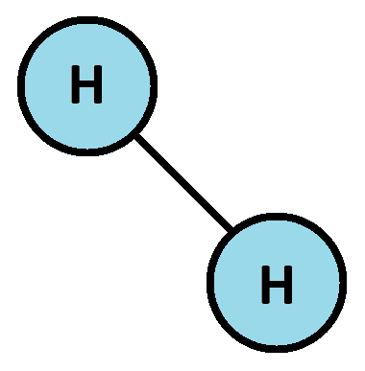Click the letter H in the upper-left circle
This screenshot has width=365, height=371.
[x=86, y=87]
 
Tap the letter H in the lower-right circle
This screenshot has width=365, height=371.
[x=276, y=285]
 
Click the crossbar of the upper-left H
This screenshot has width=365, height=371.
[x=86, y=87]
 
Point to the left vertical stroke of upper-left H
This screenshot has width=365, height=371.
[x=75, y=87]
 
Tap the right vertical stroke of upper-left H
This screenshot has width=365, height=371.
[x=97, y=87]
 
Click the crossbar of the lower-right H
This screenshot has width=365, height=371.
[x=276, y=285]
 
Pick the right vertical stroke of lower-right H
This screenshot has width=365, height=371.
[x=287, y=285]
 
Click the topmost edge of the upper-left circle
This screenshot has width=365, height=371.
[x=86, y=26]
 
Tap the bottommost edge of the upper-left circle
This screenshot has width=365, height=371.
[x=86, y=148]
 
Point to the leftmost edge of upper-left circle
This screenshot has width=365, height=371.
[x=26, y=86]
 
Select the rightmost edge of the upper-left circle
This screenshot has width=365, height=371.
[x=149, y=86]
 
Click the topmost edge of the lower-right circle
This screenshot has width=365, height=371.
[x=276, y=221]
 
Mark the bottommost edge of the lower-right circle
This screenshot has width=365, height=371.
[x=276, y=343]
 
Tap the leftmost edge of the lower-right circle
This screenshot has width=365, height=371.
[x=215, y=282]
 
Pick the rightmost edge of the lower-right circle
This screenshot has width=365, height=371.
[x=338, y=282]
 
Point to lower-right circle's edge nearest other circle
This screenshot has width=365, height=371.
[x=233, y=239]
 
